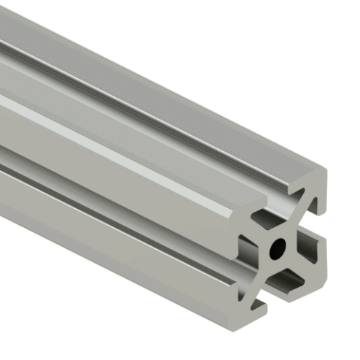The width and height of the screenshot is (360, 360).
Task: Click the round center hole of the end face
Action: click(278, 249)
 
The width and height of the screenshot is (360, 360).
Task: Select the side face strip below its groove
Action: click(110, 241)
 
